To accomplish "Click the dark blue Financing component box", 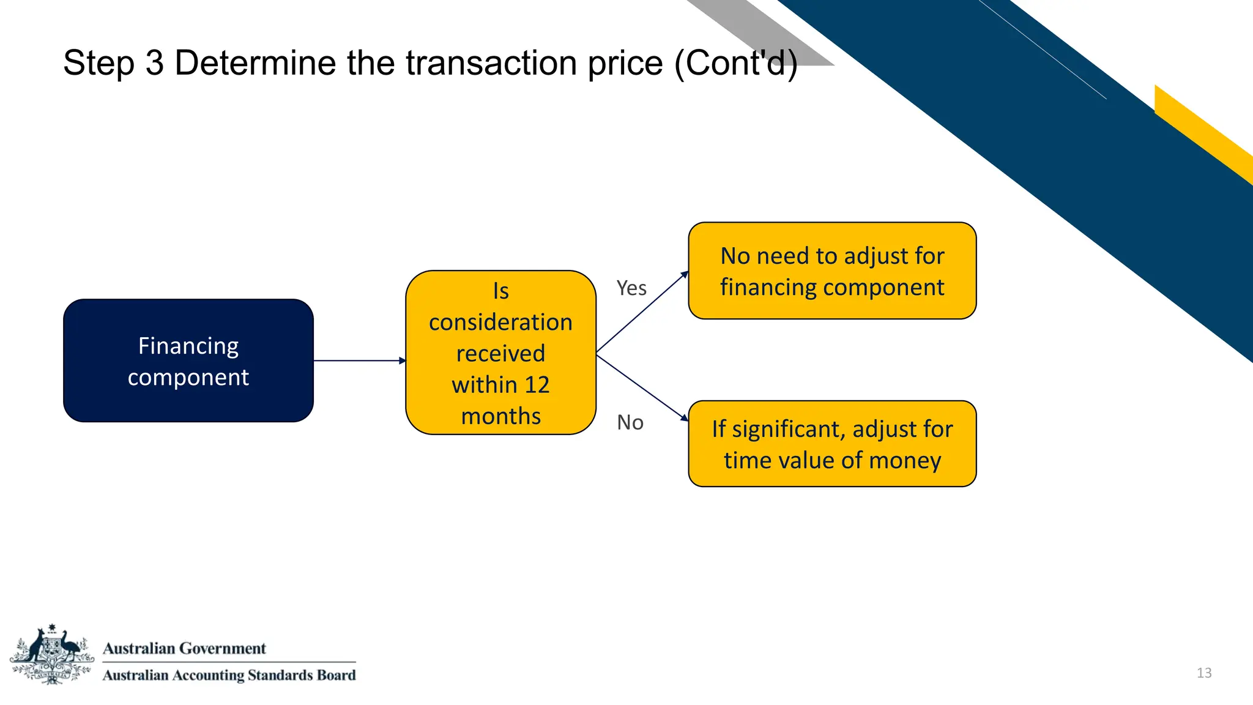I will tap(188, 360).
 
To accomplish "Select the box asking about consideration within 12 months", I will tap(500, 353).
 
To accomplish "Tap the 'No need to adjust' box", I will tap(832, 270).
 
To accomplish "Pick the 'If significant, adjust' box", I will tap(832, 444).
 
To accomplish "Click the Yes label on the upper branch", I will tap(631, 288).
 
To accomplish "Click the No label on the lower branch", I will tap(630, 422).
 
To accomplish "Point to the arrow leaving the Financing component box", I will tap(359, 360).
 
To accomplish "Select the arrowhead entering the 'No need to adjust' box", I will tap(684, 275).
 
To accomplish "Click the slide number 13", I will tap(1204, 673).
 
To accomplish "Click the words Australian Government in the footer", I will tap(184, 648).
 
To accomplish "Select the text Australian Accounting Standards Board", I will tap(229, 675).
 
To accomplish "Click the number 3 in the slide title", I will tap(154, 63).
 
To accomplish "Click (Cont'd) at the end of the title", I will tap(736, 63).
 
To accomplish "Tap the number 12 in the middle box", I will tap(537, 385).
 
